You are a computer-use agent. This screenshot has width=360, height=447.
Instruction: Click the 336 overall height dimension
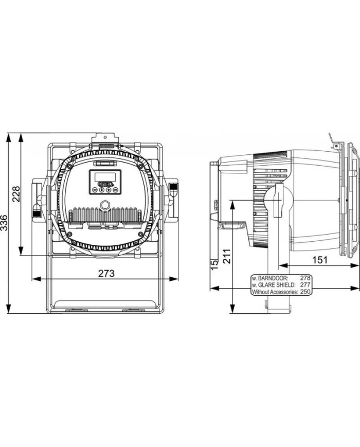[x=4, y=224]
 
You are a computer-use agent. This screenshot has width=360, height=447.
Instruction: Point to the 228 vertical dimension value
[x=16, y=194]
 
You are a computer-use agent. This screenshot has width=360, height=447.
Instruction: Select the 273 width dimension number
[x=106, y=273]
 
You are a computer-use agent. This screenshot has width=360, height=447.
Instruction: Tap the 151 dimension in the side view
[x=319, y=260]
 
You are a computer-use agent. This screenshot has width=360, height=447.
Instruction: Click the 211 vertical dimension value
[x=226, y=256]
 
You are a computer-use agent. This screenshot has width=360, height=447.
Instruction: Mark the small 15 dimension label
[x=214, y=264]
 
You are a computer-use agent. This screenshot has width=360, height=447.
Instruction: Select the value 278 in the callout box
[x=305, y=278]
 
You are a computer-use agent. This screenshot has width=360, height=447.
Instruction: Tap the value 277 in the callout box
[x=305, y=285]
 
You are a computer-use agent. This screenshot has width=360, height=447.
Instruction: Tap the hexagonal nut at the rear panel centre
[x=105, y=204]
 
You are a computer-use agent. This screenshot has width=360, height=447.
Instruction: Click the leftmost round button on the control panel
[x=95, y=190]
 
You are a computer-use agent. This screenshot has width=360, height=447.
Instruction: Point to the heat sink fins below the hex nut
[x=105, y=214]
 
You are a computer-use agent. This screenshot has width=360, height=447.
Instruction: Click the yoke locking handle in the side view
[x=279, y=201]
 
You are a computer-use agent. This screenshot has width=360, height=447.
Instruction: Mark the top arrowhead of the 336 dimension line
[x=9, y=137]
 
